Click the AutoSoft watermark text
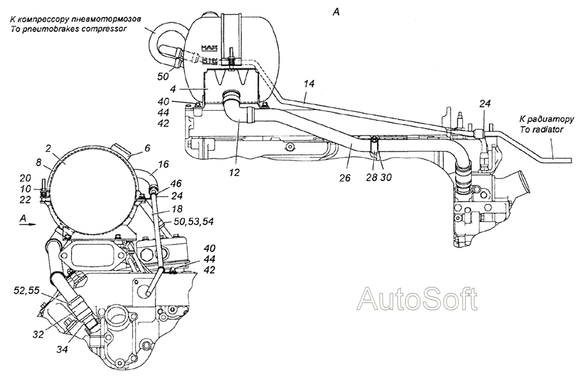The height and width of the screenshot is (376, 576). tap(418, 298)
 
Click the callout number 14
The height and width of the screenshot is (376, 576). tap(309, 84)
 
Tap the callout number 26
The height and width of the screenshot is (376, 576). tap(346, 178)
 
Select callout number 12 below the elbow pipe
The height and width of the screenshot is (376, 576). tap(234, 171)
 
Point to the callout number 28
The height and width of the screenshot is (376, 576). tap(371, 177)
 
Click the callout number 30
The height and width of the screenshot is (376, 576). tap(386, 177)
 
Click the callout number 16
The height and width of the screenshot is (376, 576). tap(163, 164)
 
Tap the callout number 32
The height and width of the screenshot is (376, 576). tap(38, 334)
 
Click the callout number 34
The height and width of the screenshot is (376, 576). tap(62, 349)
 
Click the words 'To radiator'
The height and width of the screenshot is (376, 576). tap(541, 129)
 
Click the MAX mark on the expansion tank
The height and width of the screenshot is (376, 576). tap(210, 48)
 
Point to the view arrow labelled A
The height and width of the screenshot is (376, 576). tap(28, 224)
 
